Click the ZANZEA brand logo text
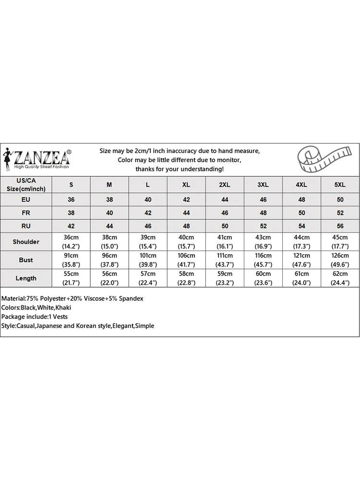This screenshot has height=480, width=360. pyautogui.click(x=42, y=157)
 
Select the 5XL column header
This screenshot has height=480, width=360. pyautogui.click(x=340, y=185)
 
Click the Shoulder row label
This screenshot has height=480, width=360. pyautogui.click(x=26, y=241)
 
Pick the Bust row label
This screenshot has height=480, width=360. pyautogui.click(x=26, y=260)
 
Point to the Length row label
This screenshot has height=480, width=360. pyautogui.click(x=26, y=278)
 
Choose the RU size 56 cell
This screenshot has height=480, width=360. pyautogui.click(x=340, y=225)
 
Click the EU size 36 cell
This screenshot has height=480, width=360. pyautogui.click(x=72, y=199)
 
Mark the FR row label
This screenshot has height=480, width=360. pyautogui.click(x=26, y=212)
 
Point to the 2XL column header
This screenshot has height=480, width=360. pyautogui.click(x=225, y=185)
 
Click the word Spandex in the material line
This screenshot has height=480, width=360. pyautogui.click(x=130, y=299)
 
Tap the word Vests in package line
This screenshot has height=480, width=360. pyautogui.click(x=60, y=317)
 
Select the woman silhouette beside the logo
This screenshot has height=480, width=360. pyautogui.click(x=7, y=159)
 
